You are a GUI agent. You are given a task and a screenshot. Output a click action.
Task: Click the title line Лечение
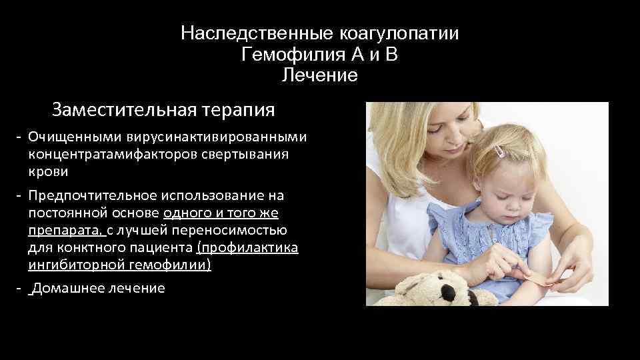click(319, 75)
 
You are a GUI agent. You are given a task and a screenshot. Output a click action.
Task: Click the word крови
click(48, 171)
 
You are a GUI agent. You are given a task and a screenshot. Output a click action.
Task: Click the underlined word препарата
click(65, 231)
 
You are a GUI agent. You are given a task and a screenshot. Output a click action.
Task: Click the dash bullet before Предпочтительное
click(20, 196)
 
